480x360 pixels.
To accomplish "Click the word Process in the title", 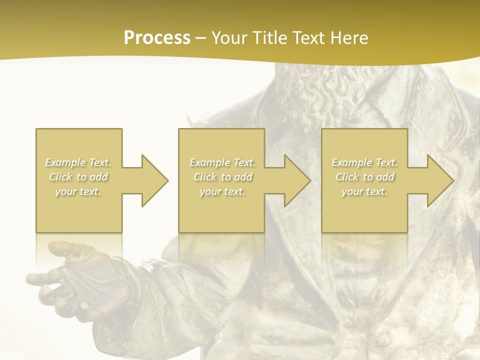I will pos(157,38).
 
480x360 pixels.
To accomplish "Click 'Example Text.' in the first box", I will pos(78,162).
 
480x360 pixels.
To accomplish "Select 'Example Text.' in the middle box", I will pos(222,162).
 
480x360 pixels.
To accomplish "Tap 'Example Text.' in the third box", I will pos(364,162).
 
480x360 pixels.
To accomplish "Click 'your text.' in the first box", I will pos(78,191).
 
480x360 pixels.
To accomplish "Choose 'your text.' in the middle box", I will pos(222,191).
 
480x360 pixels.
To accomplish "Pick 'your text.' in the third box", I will pos(364,191).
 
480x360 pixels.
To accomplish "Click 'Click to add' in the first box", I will pos(78,177).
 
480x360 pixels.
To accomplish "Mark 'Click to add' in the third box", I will pos(364,177).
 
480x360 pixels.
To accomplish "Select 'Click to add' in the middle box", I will pos(222,177).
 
